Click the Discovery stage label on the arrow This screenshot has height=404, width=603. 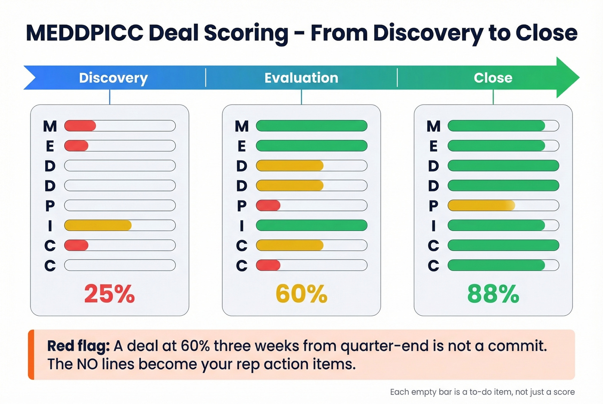(x=113, y=78)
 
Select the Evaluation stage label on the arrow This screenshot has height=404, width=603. (x=301, y=78)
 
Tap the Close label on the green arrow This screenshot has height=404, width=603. (x=493, y=78)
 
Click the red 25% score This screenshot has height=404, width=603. (x=109, y=294)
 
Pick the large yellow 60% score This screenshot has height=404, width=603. (x=301, y=294)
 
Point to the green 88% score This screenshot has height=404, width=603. (x=493, y=294)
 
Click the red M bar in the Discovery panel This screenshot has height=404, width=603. (x=80, y=126)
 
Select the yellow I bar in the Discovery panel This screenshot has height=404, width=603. (x=98, y=225)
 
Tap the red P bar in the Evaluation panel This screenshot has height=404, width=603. (x=268, y=205)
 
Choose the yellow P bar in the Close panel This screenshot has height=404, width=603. (x=481, y=205)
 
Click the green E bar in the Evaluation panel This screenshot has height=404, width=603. (x=311, y=146)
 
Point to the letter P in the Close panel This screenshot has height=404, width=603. (x=433, y=206)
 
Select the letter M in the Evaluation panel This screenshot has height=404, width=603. (x=242, y=126)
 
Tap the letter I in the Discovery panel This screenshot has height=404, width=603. (x=50, y=225)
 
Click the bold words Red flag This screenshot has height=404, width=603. (x=78, y=346)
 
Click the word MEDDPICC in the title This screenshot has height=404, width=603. (x=84, y=33)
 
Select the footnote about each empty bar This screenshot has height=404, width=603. (x=482, y=392)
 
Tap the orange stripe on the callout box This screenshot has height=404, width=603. (x=31, y=355)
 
